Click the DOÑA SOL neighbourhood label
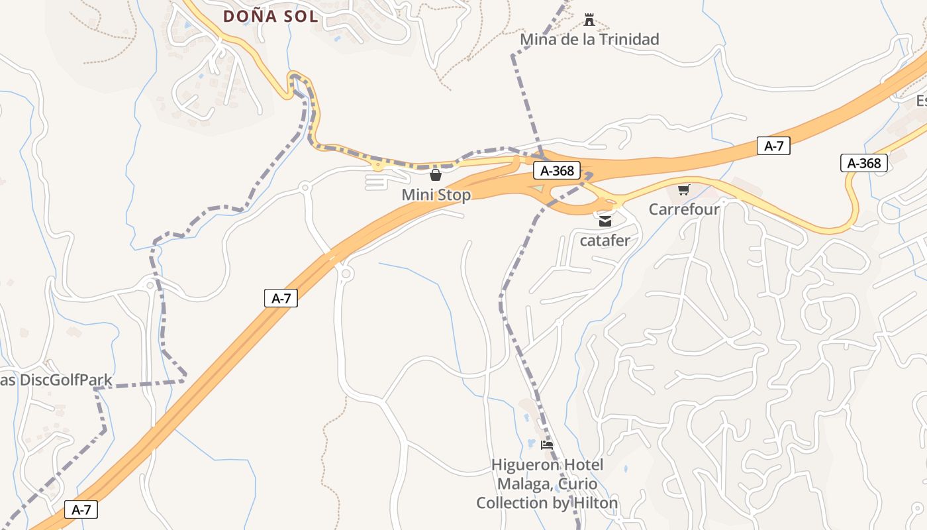270,16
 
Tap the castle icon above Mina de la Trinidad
589,20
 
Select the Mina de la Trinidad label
589,40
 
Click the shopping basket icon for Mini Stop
436,175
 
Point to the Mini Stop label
436,195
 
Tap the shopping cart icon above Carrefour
684,190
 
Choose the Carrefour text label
684,209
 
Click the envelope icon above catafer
605,221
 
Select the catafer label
605,240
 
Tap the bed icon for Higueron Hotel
547,445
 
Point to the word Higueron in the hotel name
523,465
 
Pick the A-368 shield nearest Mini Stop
557,171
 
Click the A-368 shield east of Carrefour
864,163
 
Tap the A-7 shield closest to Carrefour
773,146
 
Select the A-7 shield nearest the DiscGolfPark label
81,509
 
